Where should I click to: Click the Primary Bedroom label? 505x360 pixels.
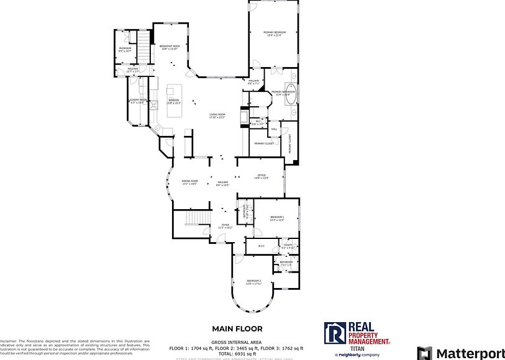coord(274,33)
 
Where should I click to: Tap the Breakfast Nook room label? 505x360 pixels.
coord(169,47)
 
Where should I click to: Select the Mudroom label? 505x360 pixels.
coord(124,50)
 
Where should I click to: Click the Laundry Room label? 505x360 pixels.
coord(138,101)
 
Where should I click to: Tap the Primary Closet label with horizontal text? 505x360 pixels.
coord(263,143)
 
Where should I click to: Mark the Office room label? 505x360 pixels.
coord(262,177)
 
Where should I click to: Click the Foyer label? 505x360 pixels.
coord(225,227)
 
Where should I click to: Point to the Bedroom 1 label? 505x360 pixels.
coord(276,218)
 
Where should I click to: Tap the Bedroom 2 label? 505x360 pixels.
coord(253,282)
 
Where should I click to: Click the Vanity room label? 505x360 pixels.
coord(288,246)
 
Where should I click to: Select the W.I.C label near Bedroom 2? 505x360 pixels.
coord(261,246)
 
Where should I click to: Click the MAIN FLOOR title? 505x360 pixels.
coord(237,329)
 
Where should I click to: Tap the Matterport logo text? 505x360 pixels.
coord(470,353)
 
